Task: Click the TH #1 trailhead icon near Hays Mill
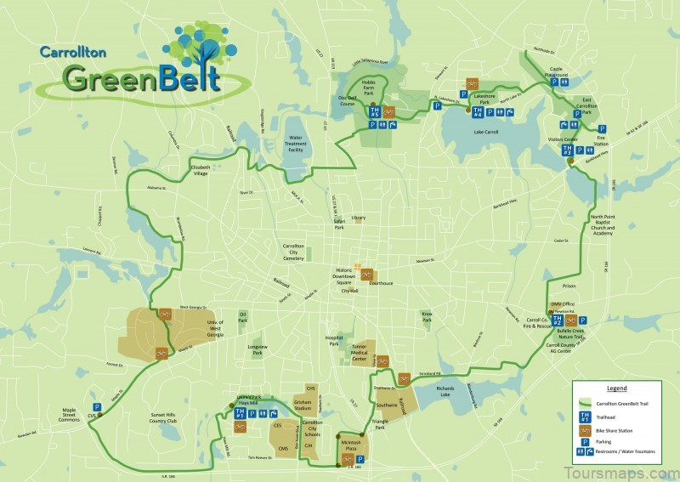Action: click(240, 412)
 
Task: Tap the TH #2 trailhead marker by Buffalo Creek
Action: click(558, 321)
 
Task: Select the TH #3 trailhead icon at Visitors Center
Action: click(566, 150)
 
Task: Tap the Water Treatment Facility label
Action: click(297, 142)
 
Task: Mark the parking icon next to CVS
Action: click(96, 407)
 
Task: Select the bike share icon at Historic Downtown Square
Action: click(366, 274)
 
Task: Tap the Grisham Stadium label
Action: click(304, 404)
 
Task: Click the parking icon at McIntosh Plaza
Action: click(360, 459)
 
